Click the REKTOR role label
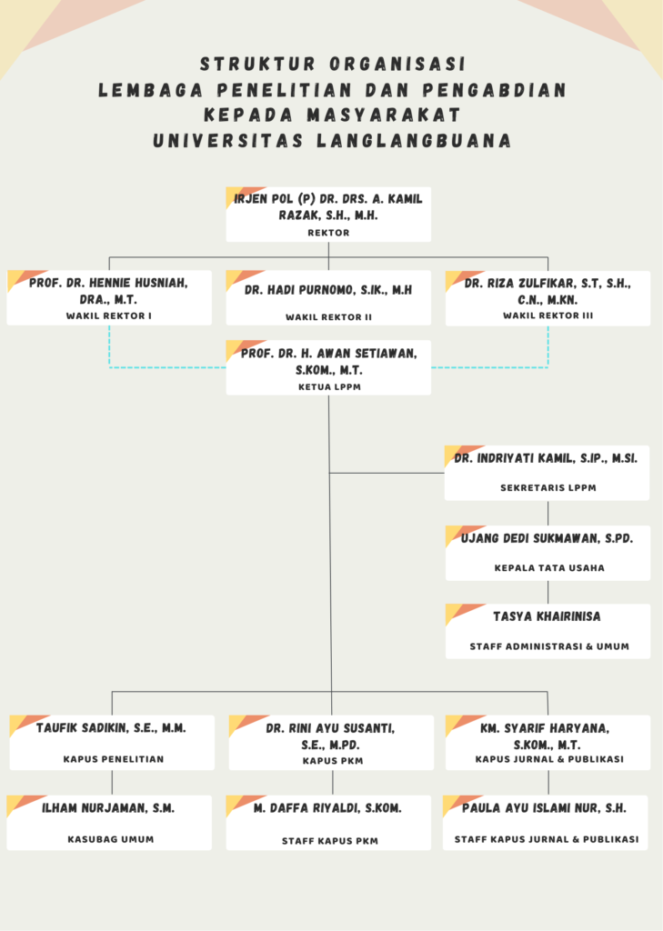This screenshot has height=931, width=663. pyautogui.click(x=328, y=233)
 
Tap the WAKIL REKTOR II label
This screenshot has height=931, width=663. pyautogui.click(x=328, y=317)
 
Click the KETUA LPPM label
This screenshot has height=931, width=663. pyautogui.click(x=328, y=386)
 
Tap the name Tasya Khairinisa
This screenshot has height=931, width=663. pyautogui.click(x=547, y=616)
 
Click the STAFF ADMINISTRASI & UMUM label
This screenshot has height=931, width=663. pyautogui.click(x=547, y=647)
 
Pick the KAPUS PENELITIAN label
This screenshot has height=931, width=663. pyautogui.click(x=113, y=759)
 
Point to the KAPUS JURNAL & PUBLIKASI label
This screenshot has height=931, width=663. pyautogui.click(x=548, y=759)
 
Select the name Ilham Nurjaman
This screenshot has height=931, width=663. pyautogui.click(x=108, y=807)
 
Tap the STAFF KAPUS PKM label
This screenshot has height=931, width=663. pyautogui.click(x=328, y=841)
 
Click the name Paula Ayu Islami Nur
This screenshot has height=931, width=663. pyautogui.click(x=544, y=807)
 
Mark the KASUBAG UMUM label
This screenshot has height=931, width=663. pyautogui.click(x=110, y=839)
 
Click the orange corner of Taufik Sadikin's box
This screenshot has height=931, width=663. pyautogui.click(x=25, y=724)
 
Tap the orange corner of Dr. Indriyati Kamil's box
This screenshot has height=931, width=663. pyautogui.click(x=460, y=454)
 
